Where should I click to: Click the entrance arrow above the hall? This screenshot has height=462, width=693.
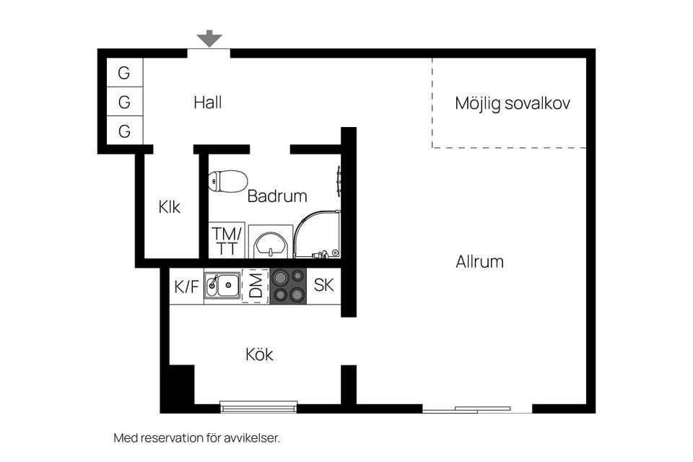[209, 38]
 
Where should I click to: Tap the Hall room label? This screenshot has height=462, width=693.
[207, 103]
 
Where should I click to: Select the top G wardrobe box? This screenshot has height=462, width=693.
[124, 73]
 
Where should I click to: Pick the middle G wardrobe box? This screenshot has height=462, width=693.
[124, 103]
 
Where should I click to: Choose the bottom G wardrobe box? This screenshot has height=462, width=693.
[124, 131]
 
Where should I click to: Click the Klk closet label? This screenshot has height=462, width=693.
[170, 207]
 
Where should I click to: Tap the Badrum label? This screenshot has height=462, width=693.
[277, 196]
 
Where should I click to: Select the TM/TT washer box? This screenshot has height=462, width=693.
[227, 241]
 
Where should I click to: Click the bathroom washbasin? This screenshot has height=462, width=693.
[271, 242]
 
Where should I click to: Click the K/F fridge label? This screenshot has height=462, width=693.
[186, 287]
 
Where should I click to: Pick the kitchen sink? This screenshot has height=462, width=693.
[222, 286]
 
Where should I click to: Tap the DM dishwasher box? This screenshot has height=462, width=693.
[256, 286]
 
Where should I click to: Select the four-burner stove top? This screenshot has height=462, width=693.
[288, 286]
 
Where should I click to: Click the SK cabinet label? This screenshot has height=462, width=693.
[323, 285]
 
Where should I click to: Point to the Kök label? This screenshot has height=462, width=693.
[259, 354]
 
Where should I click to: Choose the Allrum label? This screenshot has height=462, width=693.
[479, 261]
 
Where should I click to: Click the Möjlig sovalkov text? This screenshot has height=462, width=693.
[512, 103]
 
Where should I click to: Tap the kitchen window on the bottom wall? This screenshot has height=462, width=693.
[258, 407]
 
